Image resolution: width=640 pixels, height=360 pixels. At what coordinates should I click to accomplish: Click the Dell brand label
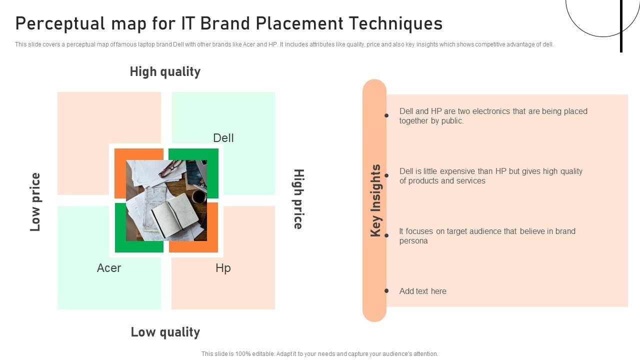223,138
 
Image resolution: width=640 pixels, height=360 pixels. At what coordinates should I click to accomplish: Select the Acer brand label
109,268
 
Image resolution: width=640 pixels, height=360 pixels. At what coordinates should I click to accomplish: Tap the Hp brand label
223,268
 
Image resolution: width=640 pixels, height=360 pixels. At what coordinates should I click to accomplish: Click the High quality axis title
165,72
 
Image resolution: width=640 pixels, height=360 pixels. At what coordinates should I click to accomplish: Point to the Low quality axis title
165,332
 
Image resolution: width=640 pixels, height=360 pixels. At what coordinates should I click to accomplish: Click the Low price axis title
35,202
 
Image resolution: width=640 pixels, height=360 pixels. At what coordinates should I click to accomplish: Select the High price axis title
298,199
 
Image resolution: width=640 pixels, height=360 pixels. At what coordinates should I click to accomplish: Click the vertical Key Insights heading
375,200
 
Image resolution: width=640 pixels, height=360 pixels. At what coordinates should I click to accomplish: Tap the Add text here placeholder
422,291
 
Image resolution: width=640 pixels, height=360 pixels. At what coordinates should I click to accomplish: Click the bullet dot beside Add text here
386,290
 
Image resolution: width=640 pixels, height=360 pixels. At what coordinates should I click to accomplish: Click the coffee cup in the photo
199,196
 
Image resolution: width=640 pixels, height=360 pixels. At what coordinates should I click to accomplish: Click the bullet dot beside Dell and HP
386,115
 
